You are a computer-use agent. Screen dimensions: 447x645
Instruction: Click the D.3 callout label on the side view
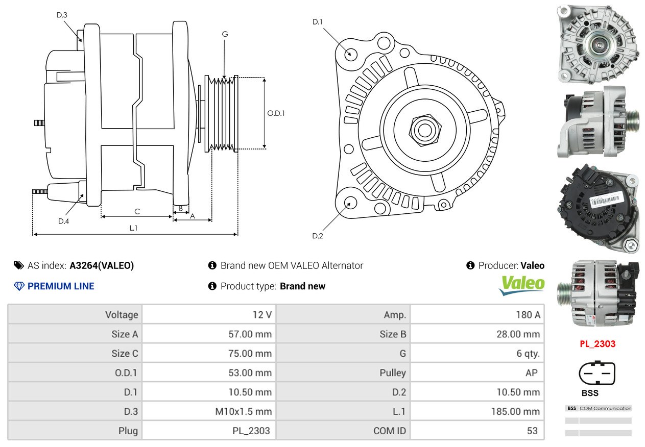coord(62,15)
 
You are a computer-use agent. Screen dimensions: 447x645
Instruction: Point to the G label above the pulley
coord(225,34)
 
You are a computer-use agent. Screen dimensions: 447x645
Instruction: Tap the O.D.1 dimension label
coord(276,113)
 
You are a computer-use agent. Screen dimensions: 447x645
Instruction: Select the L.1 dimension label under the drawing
coord(133,228)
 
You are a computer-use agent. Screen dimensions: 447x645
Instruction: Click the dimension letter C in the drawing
coord(137,211)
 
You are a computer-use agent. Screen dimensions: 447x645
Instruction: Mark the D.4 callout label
coord(63,221)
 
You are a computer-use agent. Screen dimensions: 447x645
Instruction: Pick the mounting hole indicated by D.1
coord(350,53)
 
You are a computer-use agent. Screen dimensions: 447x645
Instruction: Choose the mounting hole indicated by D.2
coord(350,203)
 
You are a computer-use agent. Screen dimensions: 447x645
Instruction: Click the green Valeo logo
coord(522,284)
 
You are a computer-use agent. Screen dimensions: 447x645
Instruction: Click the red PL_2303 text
coord(598,344)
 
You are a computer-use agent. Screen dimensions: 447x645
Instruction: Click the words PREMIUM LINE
coord(61,286)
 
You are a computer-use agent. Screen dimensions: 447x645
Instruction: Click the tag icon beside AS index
coord(19,265)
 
